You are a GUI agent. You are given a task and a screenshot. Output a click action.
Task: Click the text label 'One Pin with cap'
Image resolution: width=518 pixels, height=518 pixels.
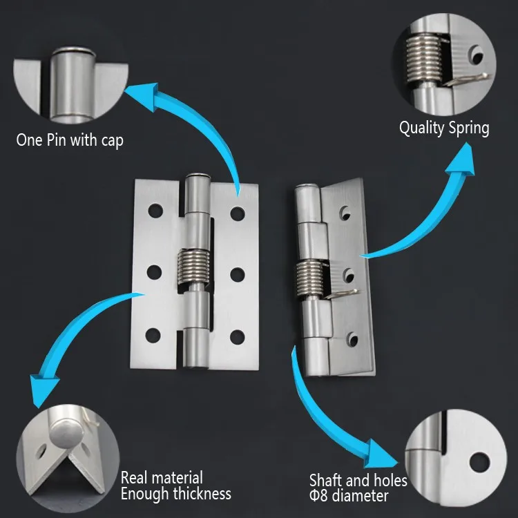tap(70, 140)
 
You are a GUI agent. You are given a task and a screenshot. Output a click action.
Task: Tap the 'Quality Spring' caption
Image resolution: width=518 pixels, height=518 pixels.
tap(444, 128)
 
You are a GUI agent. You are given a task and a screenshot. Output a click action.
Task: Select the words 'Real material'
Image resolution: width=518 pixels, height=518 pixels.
tap(162, 477)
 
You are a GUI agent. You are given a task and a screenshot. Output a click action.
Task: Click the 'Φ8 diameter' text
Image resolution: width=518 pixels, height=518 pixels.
tap(349, 495)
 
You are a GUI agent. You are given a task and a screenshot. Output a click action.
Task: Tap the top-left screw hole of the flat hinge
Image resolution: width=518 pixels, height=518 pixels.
tap(153, 208)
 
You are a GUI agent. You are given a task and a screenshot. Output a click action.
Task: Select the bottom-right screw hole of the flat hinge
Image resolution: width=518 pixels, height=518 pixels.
tap(238, 336)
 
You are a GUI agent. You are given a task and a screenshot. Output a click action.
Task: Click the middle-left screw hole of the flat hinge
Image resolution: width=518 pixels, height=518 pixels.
tap(153, 272)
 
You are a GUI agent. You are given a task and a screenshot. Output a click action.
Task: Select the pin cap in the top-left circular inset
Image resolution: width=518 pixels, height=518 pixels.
tap(72, 52)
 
